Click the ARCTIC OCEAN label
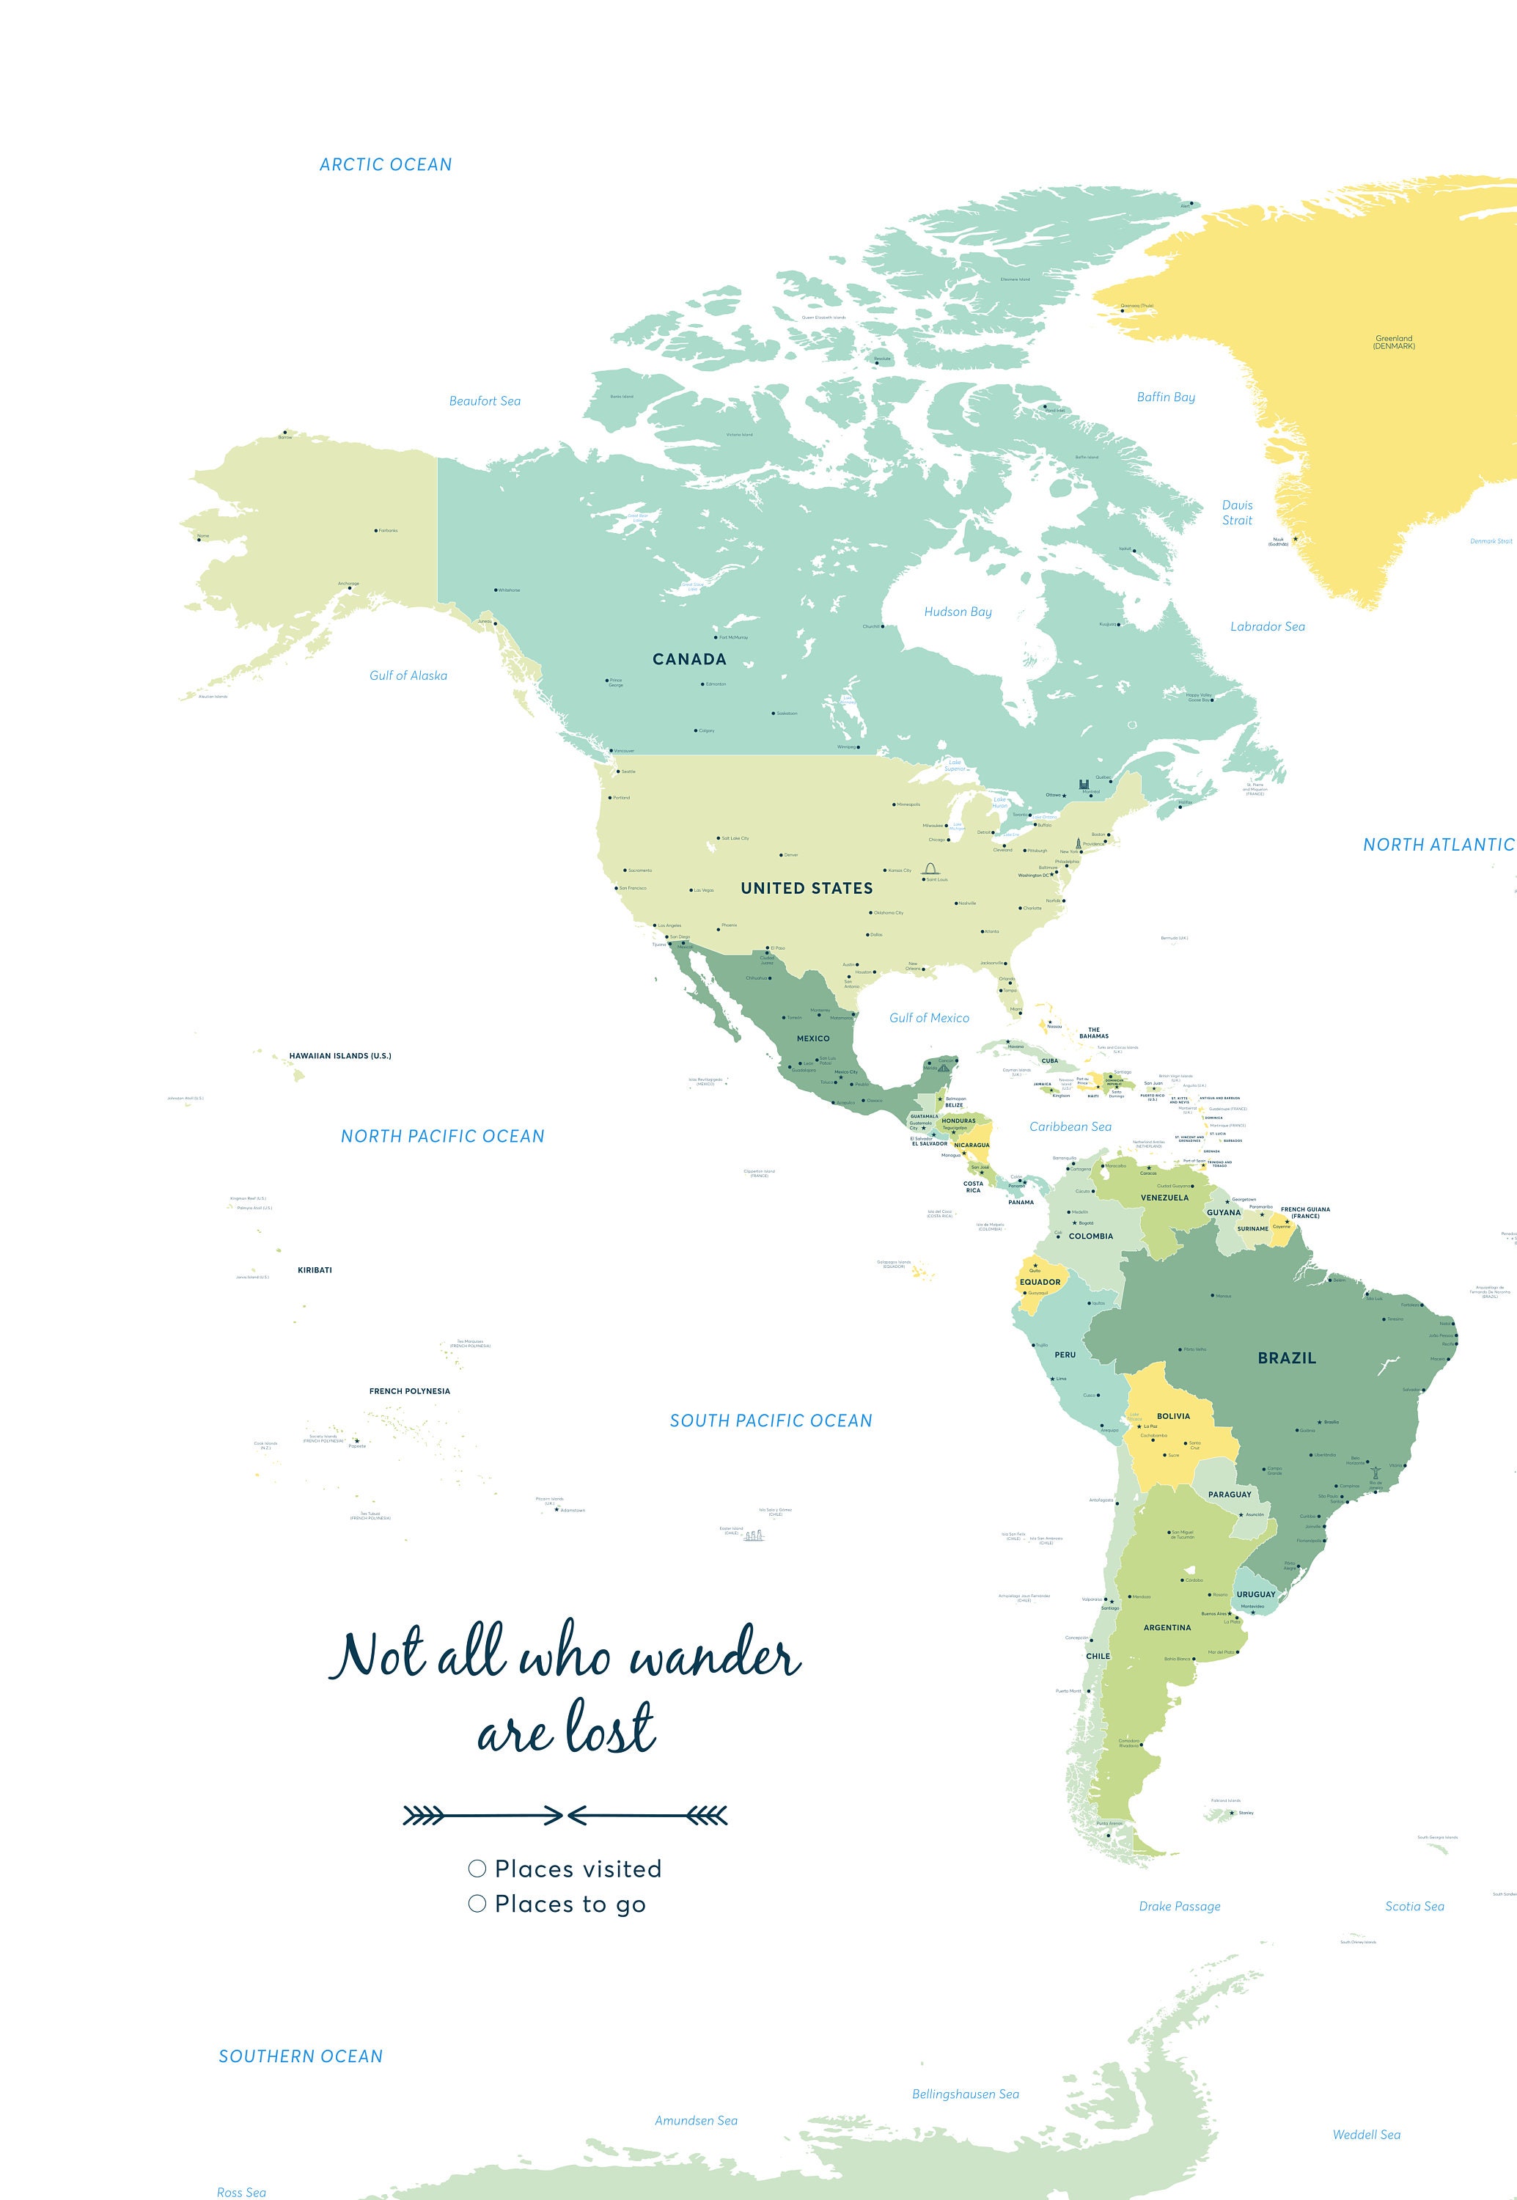(385, 164)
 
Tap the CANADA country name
(689, 659)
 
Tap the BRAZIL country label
(1286, 1357)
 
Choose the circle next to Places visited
(477, 1869)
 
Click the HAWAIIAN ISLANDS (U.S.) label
(340, 1055)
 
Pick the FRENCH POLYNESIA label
(410, 1391)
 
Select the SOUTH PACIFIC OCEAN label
(770, 1420)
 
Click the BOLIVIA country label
(1173, 1415)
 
